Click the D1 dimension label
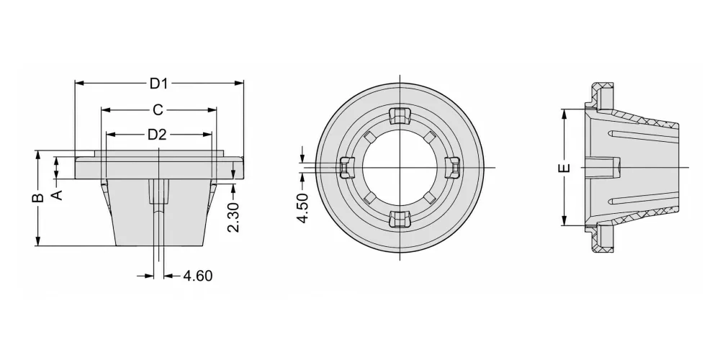(158, 84)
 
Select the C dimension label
(158, 110)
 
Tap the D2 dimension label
(156, 135)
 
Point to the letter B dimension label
(40, 197)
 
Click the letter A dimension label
(57, 195)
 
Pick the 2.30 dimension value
(233, 217)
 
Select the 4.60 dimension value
(198, 276)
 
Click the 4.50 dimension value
(302, 209)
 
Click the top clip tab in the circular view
(399, 116)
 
